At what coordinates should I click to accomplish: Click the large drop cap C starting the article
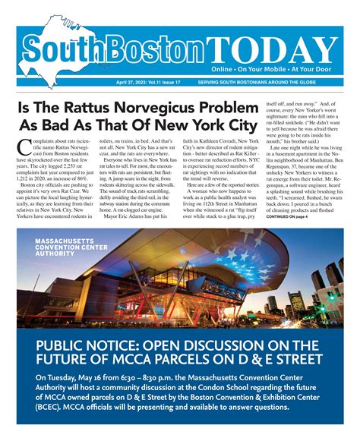click(x=23, y=146)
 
